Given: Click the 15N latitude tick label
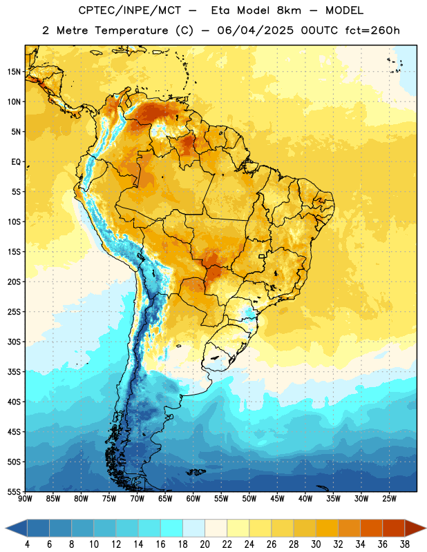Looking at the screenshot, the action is click(14, 72).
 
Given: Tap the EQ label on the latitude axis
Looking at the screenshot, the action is click(16, 162).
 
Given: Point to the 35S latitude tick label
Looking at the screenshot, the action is click(14, 372).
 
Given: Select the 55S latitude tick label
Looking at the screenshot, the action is click(14, 492).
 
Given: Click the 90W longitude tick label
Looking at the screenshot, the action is click(25, 498).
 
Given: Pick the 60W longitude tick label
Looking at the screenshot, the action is click(193, 498).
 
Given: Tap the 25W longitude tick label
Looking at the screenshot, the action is click(389, 498).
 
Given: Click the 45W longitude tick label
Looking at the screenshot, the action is click(277, 498).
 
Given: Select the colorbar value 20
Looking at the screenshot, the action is click(205, 544).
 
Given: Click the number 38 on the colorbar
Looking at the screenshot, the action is click(404, 544).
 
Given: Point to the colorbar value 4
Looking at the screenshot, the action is click(27, 544).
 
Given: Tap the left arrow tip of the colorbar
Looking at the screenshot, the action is click(6, 528).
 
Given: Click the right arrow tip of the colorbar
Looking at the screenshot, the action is click(426, 528).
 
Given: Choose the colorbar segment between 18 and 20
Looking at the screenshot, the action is click(193, 528).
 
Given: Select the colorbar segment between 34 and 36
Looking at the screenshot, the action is click(371, 528).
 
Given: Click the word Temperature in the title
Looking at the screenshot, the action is click(131, 30).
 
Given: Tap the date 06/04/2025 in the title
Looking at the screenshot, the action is click(255, 30).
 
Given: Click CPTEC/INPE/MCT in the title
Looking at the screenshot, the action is click(129, 10).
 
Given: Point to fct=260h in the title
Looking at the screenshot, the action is click(372, 30).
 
